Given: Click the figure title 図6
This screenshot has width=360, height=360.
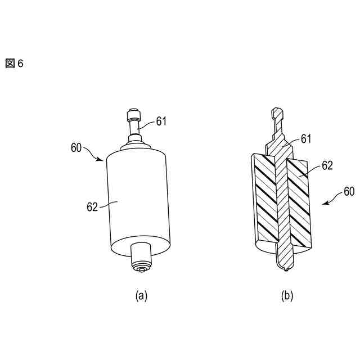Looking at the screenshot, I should pyautogui.click(x=15, y=64).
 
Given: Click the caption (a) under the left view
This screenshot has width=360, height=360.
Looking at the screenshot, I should pyautogui.click(x=141, y=295).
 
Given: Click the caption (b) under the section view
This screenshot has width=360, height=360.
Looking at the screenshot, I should pyautogui.click(x=287, y=295).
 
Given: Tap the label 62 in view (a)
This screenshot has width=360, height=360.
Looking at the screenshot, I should pyautogui.click(x=93, y=206).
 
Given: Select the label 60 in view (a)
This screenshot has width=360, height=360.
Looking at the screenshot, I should pyautogui.click(x=77, y=148).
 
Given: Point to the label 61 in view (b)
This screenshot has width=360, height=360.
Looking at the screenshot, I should pyautogui.click(x=305, y=137).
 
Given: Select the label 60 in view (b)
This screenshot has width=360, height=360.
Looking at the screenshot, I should pyautogui.click(x=349, y=192).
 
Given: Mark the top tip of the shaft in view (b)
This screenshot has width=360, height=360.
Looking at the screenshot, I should pyautogui.click(x=276, y=111).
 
